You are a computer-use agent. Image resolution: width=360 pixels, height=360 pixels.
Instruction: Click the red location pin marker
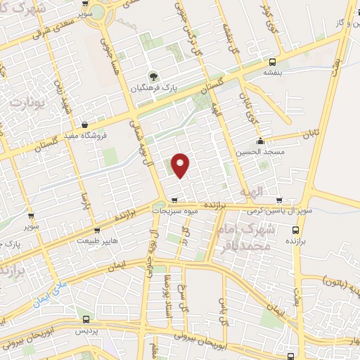tap(181, 165)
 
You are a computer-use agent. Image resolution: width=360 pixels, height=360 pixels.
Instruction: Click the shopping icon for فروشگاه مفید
tap(85, 124)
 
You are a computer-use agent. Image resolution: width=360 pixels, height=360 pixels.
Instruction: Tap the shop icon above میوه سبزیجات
tap(174, 199)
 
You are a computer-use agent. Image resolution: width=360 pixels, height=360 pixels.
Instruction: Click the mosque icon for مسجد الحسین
tap(261, 140)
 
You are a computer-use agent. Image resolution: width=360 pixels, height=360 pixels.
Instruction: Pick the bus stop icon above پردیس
tap(85, 320)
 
